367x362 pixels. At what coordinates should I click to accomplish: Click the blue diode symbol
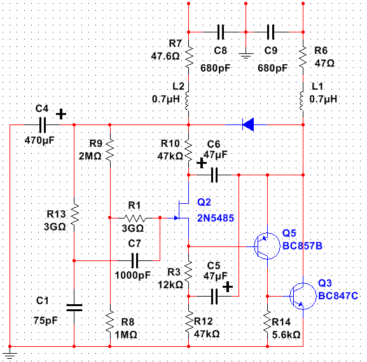(248, 124)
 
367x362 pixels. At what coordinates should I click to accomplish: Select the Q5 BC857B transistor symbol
(267, 246)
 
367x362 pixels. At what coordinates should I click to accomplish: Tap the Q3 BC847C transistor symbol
(303, 296)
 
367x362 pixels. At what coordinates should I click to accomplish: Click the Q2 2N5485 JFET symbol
(183, 210)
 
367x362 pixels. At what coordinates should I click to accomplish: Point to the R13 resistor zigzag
(74, 214)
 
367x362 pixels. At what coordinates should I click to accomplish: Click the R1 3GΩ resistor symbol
(135, 218)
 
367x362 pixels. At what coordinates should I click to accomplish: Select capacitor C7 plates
(135, 260)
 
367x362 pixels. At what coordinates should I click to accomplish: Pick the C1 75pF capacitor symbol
(74, 307)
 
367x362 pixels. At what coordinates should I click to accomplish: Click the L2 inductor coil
(187, 101)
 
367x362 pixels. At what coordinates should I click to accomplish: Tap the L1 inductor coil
(301, 101)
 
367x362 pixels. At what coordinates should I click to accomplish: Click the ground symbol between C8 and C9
(246, 56)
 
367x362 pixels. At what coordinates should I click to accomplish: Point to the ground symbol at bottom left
(10, 355)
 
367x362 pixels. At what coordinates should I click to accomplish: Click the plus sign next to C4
(61, 114)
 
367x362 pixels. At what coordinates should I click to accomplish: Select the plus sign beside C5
(228, 287)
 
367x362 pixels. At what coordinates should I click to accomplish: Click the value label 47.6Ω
(165, 57)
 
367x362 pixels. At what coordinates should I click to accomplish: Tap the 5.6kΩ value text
(286, 335)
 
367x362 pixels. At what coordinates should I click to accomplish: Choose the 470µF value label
(39, 141)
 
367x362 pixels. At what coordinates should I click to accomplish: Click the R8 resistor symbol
(110, 322)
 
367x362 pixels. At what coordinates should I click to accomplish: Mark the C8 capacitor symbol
(221, 32)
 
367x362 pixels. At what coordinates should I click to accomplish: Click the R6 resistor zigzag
(303, 57)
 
